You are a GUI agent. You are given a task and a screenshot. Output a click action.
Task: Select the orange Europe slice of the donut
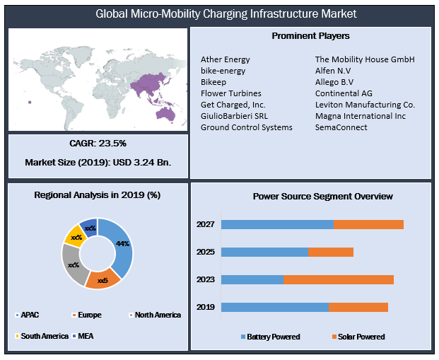[x=103, y=279]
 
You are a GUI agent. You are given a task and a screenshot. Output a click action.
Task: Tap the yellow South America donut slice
[x=74, y=236]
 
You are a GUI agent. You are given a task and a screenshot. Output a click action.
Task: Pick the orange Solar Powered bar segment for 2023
[x=339, y=279]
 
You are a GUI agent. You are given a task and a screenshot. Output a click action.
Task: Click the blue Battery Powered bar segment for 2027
[x=276, y=224]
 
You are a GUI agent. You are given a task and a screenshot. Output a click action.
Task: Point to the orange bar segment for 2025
[x=330, y=252]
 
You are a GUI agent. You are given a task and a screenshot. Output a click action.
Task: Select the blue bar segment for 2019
[x=274, y=307]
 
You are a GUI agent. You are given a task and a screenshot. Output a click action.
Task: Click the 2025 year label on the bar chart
[x=205, y=252]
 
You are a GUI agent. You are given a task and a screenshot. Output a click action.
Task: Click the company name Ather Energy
[x=225, y=59]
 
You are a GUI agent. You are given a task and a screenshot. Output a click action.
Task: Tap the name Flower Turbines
[x=230, y=93]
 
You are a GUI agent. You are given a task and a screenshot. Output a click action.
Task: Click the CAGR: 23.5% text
[x=98, y=144]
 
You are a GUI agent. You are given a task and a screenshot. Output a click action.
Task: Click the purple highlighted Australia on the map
[x=168, y=112]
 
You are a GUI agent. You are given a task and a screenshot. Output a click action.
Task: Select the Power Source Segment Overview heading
[x=312, y=196]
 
